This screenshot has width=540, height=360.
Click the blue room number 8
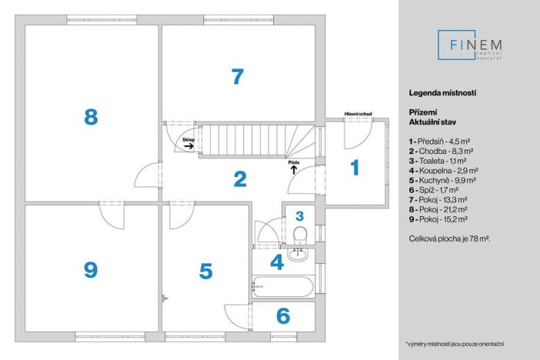(x=91, y=116)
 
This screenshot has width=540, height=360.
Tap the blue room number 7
(x=238, y=76)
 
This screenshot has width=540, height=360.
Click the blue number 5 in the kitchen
(x=206, y=271)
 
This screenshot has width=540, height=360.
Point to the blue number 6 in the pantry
(x=283, y=315)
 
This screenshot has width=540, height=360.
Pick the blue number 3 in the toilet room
(x=300, y=216)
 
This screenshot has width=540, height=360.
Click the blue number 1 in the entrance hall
(x=355, y=168)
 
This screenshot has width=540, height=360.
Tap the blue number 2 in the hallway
(x=240, y=179)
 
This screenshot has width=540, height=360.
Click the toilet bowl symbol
(x=300, y=235)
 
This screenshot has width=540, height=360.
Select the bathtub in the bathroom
(x=283, y=287)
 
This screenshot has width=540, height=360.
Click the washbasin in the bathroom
(x=298, y=255)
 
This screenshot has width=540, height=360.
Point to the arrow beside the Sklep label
(x=188, y=146)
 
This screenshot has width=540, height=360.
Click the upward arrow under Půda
(x=294, y=170)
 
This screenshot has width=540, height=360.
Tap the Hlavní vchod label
(x=358, y=114)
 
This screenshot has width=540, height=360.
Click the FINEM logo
(x=470, y=45)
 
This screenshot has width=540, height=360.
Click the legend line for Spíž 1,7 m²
(x=434, y=190)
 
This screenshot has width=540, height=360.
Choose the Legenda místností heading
(x=442, y=92)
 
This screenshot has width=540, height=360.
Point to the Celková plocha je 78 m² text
(x=450, y=238)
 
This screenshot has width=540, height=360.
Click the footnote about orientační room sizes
(x=455, y=344)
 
